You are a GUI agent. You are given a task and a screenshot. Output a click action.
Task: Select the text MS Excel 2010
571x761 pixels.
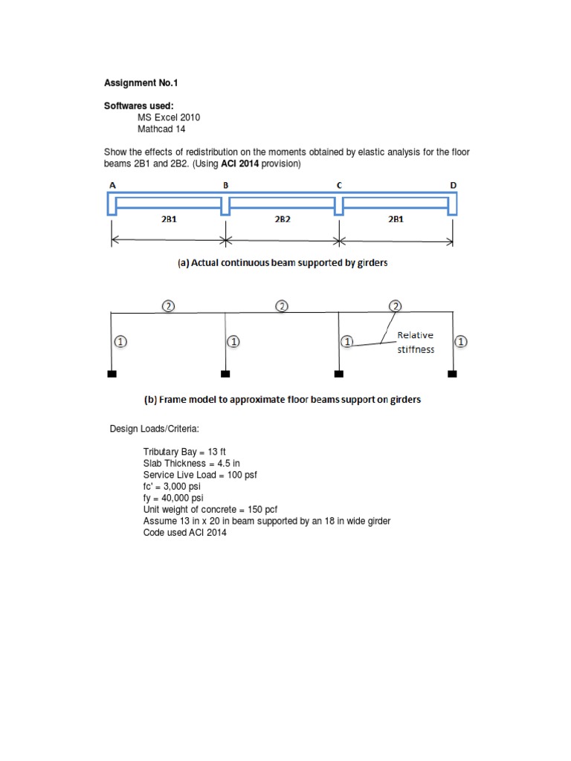[x=168, y=117]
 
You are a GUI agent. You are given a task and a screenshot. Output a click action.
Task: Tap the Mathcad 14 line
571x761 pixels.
[x=161, y=129]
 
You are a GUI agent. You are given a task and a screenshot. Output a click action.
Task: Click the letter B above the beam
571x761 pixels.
[x=224, y=185]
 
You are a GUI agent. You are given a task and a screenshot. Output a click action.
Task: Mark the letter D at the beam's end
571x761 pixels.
[x=454, y=185]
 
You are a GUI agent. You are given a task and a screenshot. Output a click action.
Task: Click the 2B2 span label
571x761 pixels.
[x=282, y=220]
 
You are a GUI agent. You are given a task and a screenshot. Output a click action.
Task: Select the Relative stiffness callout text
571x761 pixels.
[x=416, y=343]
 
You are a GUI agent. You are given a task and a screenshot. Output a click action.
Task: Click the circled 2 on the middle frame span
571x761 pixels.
[x=282, y=305]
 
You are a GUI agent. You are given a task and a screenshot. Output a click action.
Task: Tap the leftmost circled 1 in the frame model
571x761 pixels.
[x=120, y=342]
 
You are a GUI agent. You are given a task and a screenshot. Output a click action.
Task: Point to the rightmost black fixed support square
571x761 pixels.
[x=452, y=374]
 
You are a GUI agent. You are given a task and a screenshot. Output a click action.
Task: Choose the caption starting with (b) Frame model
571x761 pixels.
[x=282, y=399]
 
